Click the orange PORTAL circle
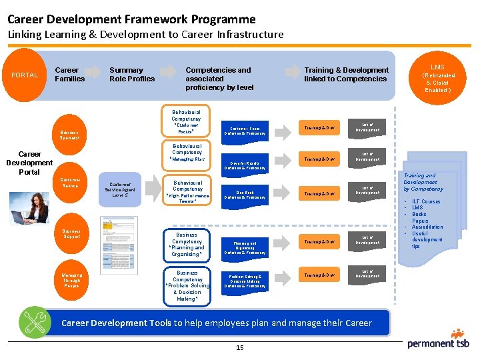pyautogui.click(x=25, y=74)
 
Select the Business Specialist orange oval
pyautogui.click(x=69, y=135)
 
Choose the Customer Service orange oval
pyautogui.click(x=69, y=182)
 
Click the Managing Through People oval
pyautogui.click(x=71, y=280)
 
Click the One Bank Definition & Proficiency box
pyautogui.click(x=245, y=195)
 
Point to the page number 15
pyautogui.click(x=239, y=347)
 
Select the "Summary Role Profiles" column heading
pyautogui.click(x=131, y=74)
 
